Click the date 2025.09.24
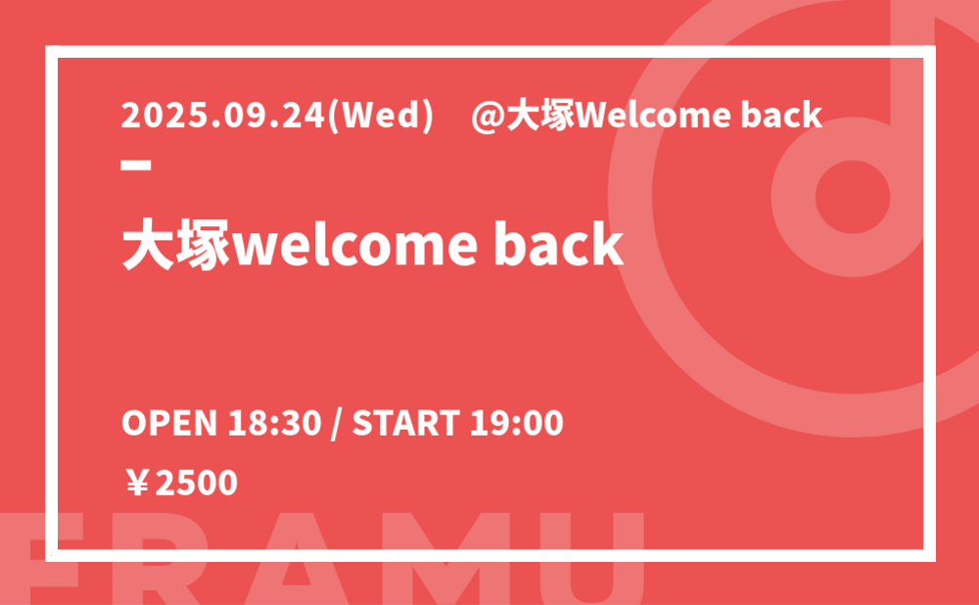point(223,115)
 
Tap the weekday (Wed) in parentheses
point(380,116)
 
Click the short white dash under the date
point(136,165)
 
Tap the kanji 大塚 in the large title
point(176,244)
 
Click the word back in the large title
point(559,244)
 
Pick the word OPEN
point(169,423)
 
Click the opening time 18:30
point(275,423)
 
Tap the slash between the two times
point(337,423)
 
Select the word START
point(406,423)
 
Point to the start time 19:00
point(516,423)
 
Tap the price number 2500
point(196,484)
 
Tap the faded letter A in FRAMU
point(296,558)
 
